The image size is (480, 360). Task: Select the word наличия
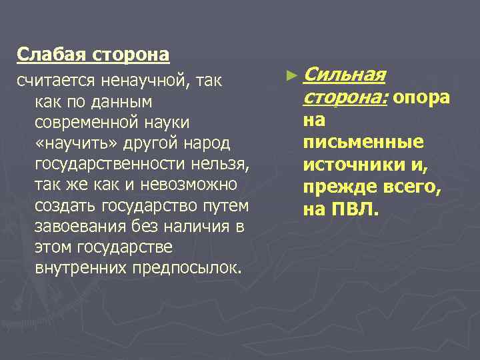[x=198, y=227]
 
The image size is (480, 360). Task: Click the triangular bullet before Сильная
[x=288, y=77]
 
